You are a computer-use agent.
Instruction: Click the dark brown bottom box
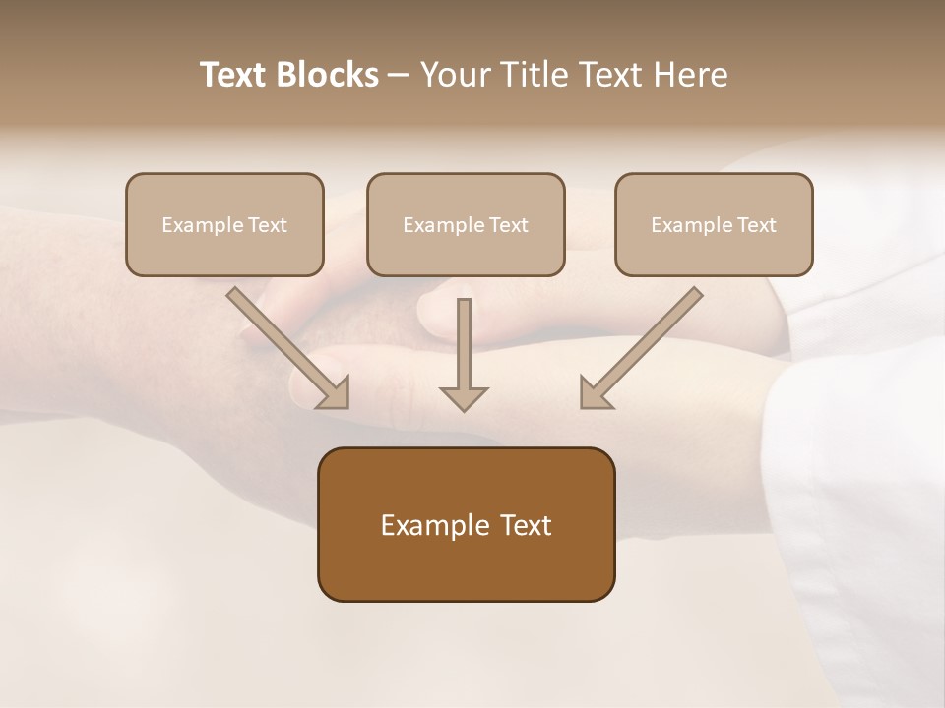[x=466, y=570]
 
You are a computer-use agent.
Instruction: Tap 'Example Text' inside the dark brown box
[x=466, y=525]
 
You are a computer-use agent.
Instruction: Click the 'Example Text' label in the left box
[x=224, y=225]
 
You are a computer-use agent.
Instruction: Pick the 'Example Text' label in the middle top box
[x=466, y=225]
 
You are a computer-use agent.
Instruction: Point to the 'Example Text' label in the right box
[x=714, y=225]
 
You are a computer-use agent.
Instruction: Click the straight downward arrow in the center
[x=464, y=344]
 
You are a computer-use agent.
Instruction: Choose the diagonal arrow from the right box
[x=650, y=339]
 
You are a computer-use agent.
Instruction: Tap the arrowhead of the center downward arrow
[x=464, y=398]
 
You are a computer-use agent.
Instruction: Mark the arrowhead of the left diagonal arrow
[x=336, y=393]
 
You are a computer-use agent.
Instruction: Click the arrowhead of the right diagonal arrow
[x=594, y=393]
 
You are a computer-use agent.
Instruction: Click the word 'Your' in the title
[x=456, y=75]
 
